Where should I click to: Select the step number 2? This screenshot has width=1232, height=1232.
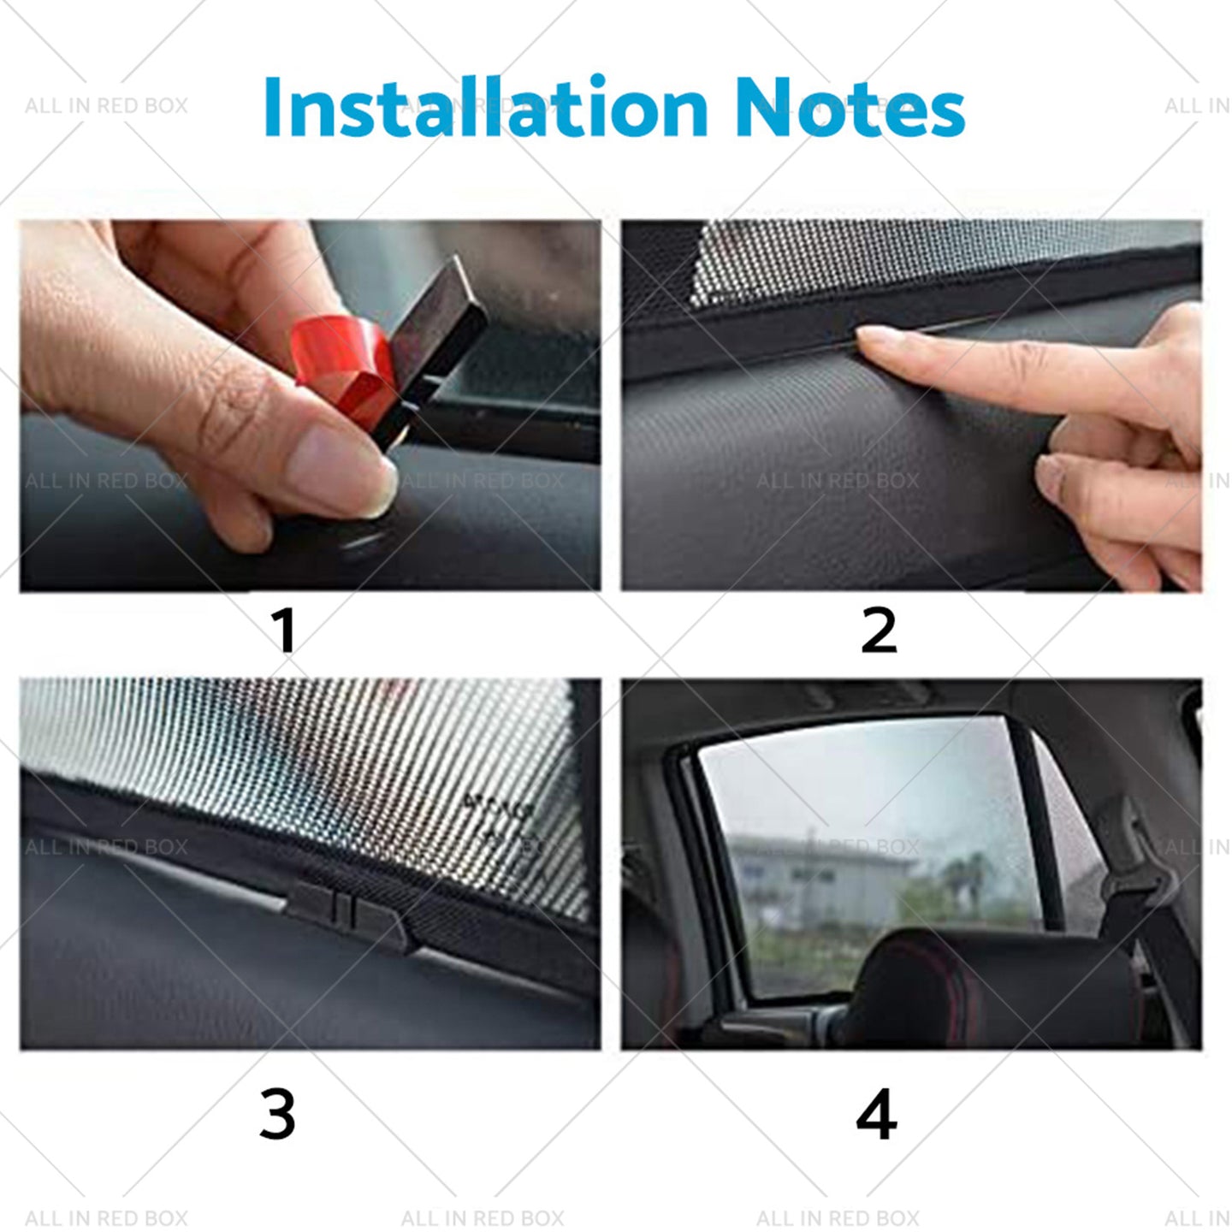point(878,631)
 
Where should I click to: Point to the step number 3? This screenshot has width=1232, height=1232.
point(277,1113)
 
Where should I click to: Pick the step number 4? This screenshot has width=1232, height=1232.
point(876,1114)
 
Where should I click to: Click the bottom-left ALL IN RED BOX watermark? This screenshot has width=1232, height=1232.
point(106,1217)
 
